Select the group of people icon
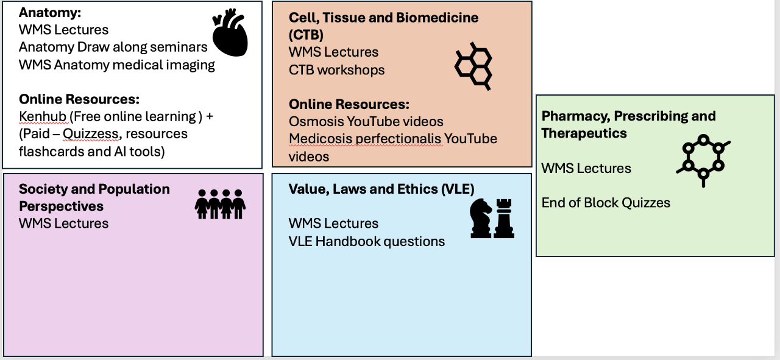(220, 204)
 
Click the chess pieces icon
(492, 219)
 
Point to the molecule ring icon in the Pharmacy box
(703, 160)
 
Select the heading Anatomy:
(50, 12)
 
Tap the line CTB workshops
(337, 70)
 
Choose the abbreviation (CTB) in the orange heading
(306, 34)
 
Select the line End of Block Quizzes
(606, 203)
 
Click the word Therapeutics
(584, 133)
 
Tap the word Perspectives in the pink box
(62, 206)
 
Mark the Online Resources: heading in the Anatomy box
(79, 99)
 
